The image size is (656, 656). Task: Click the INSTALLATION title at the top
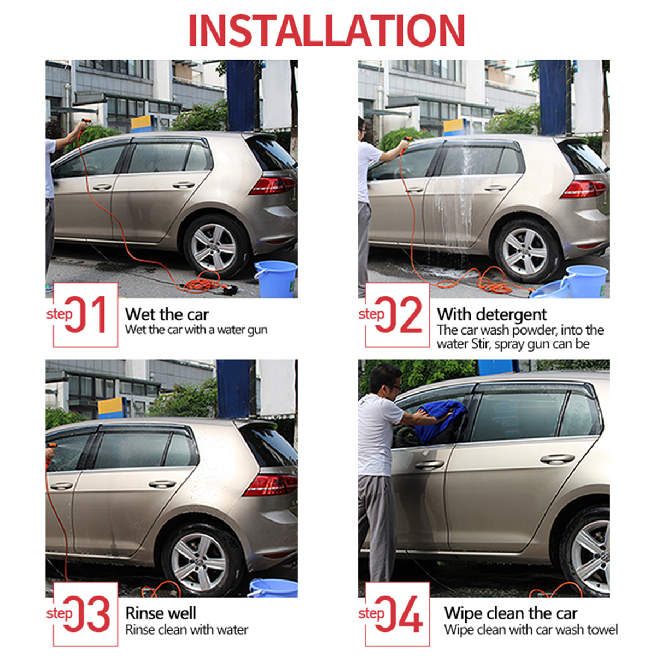click(327, 31)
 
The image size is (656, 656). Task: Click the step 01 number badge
click(85, 315)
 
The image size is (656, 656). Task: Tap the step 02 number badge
click(397, 315)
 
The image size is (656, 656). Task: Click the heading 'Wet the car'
click(167, 314)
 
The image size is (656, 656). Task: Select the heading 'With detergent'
click(491, 314)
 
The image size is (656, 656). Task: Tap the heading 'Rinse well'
click(161, 613)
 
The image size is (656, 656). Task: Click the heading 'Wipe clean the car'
click(511, 613)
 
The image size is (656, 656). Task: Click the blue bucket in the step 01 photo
click(276, 279)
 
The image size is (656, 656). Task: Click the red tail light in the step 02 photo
click(584, 189)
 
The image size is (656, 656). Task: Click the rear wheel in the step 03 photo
click(200, 560)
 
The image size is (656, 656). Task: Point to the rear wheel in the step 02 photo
click(525, 250)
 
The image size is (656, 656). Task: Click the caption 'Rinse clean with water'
click(187, 630)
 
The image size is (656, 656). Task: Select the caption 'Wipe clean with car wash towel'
click(531, 630)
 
